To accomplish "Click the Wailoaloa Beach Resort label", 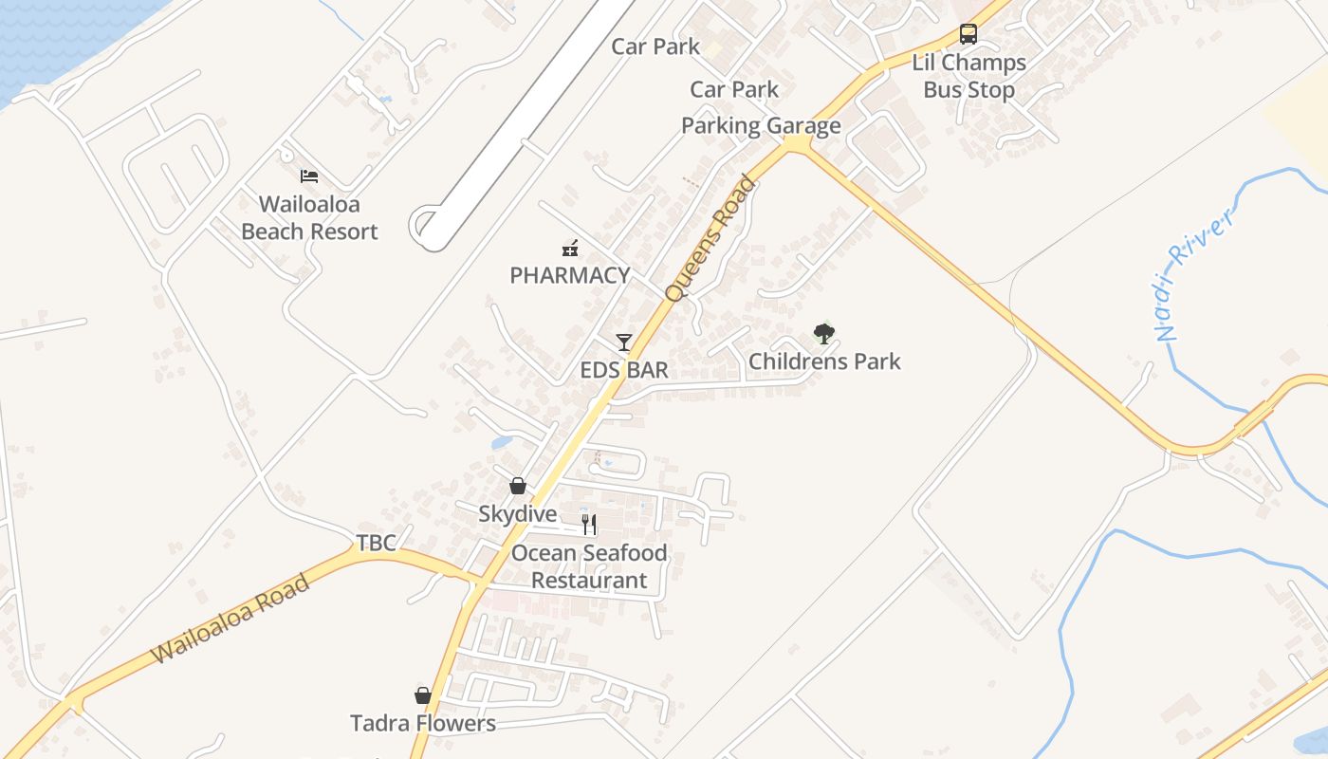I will point(309,218).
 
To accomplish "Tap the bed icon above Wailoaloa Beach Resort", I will point(309,176).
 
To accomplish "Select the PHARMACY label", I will point(569,275).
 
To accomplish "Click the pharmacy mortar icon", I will point(570,249).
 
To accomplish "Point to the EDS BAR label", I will point(624,370).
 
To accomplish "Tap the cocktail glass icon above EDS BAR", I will point(623,342).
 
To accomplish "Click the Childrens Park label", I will point(824,361).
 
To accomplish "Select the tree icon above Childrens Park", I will point(824,333).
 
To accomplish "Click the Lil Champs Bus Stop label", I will point(968,76).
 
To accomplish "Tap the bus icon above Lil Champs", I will point(968,34).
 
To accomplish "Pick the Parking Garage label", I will point(761,125).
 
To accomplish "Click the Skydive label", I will point(517,514).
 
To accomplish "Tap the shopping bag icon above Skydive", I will point(518,486).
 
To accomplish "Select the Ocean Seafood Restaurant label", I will point(589,566).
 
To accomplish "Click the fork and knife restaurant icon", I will point(589,525).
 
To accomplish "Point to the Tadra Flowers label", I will point(423,723).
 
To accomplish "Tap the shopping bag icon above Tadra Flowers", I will point(423,695).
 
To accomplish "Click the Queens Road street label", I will point(711,238).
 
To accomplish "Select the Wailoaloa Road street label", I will point(231,619).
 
